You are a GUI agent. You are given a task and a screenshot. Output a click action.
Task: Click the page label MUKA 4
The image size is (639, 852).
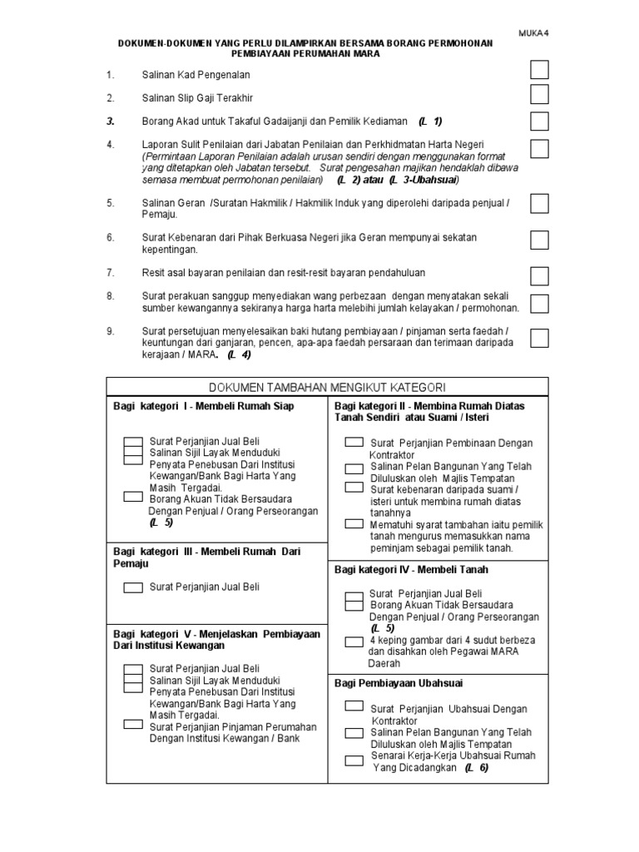[534, 32]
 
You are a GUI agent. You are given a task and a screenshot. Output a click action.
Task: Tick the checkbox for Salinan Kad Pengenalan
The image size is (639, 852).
[539, 70]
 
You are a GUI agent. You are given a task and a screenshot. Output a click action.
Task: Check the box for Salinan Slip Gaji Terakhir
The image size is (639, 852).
[539, 95]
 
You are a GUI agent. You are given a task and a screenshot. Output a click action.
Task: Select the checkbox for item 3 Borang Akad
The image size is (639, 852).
[539, 121]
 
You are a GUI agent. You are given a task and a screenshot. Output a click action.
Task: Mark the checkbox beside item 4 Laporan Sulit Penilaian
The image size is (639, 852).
[539, 149]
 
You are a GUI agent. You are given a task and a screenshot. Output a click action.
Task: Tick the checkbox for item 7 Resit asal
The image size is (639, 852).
[539, 275]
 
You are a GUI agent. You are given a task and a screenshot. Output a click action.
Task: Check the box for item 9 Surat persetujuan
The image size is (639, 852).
[539, 337]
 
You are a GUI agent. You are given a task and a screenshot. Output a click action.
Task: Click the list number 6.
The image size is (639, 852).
[110, 237]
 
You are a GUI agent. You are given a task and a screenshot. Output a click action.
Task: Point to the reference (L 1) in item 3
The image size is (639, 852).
[430, 121]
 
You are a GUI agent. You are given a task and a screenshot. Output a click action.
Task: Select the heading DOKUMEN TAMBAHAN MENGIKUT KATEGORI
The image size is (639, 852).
[326, 387]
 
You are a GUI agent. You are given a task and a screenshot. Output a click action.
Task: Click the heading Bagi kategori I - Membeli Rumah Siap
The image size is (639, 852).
[204, 405]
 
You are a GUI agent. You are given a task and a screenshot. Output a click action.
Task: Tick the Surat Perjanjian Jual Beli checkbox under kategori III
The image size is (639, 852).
[133, 587]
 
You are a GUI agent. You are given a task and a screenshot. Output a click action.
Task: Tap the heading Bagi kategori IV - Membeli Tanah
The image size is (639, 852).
[411, 570]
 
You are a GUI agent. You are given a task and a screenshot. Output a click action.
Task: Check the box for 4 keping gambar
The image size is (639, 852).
[354, 641]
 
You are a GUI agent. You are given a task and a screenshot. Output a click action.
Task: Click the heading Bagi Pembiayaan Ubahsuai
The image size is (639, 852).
[399, 683]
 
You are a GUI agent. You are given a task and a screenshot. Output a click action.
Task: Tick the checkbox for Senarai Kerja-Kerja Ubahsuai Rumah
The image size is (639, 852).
[354, 760]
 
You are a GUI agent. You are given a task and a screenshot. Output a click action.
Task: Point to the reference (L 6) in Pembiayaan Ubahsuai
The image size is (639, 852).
[477, 768]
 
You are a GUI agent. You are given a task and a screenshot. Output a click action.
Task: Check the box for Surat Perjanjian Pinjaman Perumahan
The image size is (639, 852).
[133, 724]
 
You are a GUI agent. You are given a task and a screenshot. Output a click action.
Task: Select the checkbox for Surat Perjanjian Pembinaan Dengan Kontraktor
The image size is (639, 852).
[354, 442]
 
